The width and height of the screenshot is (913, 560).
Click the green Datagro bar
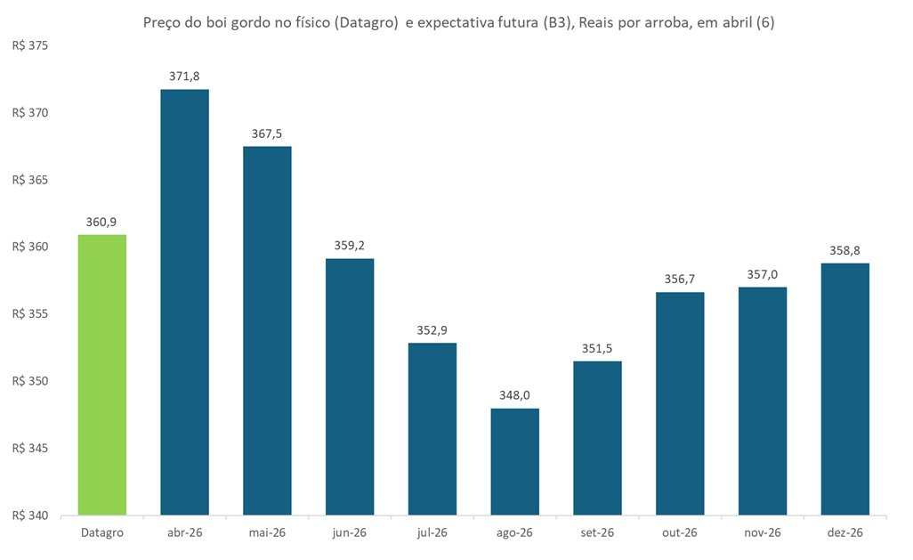[x=102, y=374]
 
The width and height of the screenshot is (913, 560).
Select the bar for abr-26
[x=184, y=303]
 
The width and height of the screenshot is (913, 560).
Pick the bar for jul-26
[x=432, y=428]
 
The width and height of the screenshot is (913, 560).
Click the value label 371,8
[x=184, y=77]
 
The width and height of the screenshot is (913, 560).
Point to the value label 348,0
[x=514, y=395]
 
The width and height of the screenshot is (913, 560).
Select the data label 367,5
[x=267, y=134]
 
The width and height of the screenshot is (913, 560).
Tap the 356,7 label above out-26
[x=680, y=280]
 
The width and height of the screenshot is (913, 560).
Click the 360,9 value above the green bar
[x=102, y=222]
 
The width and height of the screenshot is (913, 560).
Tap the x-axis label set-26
[x=597, y=532]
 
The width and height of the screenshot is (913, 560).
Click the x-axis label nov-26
[x=762, y=532]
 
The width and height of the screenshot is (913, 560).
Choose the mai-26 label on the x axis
[x=267, y=532]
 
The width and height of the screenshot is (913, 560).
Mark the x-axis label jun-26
[x=350, y=532]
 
